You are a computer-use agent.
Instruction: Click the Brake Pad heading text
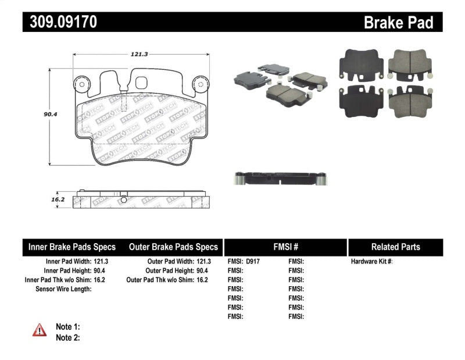tap(398, 23)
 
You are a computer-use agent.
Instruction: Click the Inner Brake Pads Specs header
tap(72, 247)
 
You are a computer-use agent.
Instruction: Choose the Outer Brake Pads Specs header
tap(173, 247)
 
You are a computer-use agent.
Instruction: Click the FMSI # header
tap(285, 247)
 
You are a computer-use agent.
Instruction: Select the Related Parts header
tap(395, 247)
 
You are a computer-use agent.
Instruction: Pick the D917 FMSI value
tap(252, 262)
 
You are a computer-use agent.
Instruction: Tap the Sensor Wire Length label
tap(63, 289)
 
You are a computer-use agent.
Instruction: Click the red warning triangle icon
tap(39, 330)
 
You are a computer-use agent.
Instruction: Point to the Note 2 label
tap(67, 337)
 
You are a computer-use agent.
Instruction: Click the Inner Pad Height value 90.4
tap(101, 271)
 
